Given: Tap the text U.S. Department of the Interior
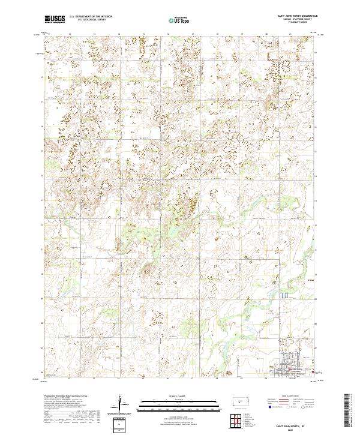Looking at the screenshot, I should point(89,18).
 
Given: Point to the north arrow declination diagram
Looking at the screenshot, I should point(125,407).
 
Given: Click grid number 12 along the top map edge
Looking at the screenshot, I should point(70,34).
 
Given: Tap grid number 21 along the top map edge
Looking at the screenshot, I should point(290,34).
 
